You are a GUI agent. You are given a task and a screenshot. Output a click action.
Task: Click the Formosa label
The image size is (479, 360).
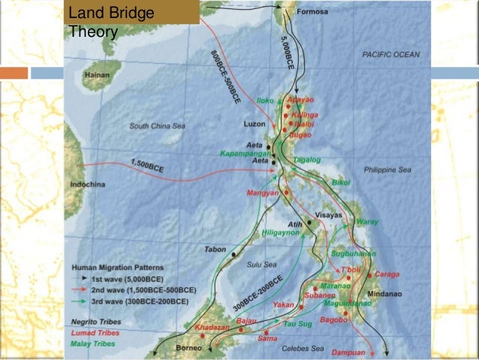[313, 12]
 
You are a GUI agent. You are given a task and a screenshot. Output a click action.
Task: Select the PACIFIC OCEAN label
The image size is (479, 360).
[390, 54]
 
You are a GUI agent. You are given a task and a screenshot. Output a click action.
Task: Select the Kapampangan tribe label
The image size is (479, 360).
[245, 153]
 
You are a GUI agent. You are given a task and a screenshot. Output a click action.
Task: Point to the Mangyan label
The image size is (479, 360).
[263, 193]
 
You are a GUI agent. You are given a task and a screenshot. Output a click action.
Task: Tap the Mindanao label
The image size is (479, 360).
[383, 292]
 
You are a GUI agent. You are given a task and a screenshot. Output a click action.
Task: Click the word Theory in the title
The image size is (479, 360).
[93, 32]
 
